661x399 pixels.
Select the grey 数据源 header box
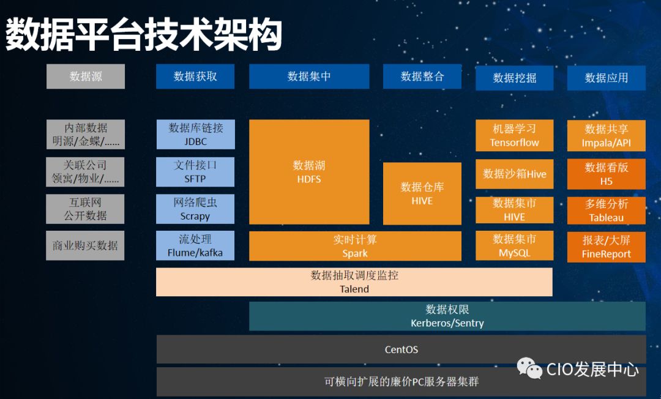[86, 76]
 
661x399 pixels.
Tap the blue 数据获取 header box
[195, 76]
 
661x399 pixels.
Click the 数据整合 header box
[422, 76]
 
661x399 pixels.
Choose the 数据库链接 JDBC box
[195, 135]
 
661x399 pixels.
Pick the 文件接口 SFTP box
[195, 172]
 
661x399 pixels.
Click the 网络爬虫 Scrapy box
[195, 209]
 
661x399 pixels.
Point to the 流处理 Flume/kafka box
[195, 245]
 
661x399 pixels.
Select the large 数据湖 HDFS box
[309, 172]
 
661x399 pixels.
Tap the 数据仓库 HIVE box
[422, 193]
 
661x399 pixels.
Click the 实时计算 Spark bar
[355, 246]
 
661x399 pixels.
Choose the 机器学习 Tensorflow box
[515, 135]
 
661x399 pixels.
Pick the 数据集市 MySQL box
[515, 246]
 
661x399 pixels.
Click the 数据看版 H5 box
[607, 174]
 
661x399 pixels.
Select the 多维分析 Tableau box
[607, 211]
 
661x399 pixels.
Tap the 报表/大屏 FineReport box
[607, 247]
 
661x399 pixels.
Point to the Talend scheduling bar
[354, 282]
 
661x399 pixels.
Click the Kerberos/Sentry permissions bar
[447, 316]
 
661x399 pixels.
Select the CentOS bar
[401, 350]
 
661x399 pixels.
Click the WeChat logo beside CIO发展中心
[529, 368]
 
